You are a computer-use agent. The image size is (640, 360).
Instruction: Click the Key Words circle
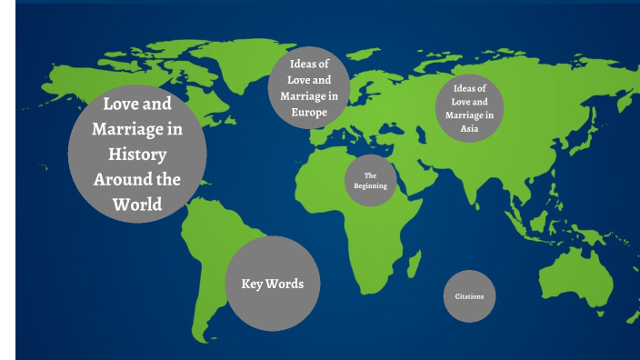pyautogui.click(x=272, y=283)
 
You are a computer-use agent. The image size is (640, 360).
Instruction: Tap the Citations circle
pyautogui.click(x=470, y=296)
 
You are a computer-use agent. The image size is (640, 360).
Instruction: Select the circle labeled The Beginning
pyautogui.click(x=370, y=180)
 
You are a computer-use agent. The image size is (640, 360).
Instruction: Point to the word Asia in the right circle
pyautogui.click(x=469, y=129)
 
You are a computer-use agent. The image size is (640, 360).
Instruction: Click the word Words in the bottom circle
pyautogui.click(x=285, y=284)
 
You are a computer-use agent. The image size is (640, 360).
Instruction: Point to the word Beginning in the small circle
pyautogui.click(x=370, y=185)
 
